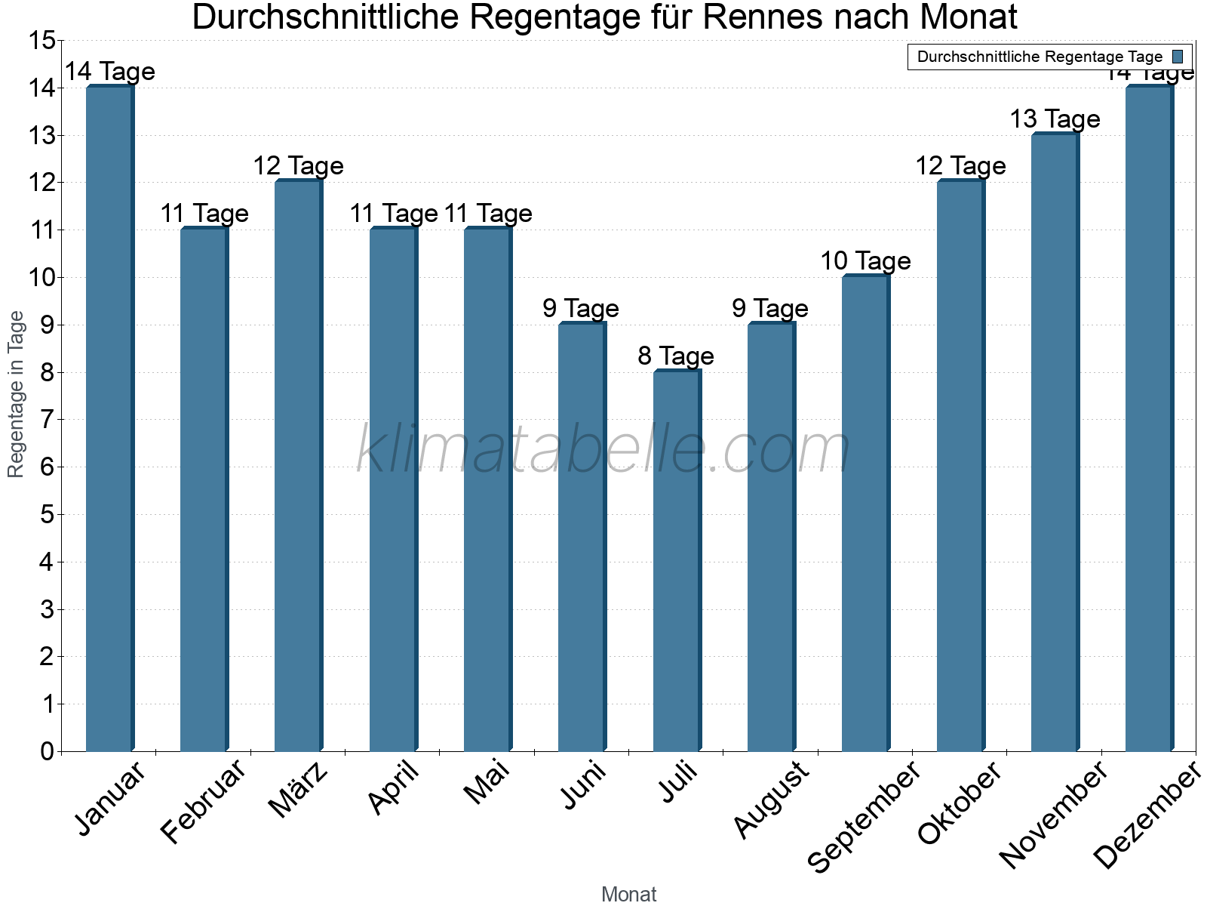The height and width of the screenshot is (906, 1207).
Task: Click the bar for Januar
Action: pyautogui.click(x=109, y=419)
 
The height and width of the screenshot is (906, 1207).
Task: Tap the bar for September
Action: pyautogui.click(x=865, y=513)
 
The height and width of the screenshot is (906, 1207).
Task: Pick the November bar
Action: pyautogui.click(x=1055, y=442)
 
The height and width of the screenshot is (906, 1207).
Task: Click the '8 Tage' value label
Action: pyautogui.click(x=676, y=356)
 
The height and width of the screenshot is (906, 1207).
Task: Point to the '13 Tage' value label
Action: pyautogui.click(x=1055, y=119)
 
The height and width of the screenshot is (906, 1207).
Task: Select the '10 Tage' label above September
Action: pyautogui.click(x=865, y=261)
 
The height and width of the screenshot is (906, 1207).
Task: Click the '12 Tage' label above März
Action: pyautogui.click(x=298, y=166)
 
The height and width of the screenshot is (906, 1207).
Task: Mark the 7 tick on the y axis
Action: pyautogui.click(x=48, y=420)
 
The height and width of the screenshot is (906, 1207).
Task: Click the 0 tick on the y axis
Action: pyautogui.click(x=48, y=751)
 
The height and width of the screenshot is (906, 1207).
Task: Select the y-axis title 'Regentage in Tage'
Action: pyautogui.click(x=17, y=394)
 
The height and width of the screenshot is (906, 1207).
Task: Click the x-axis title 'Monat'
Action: pyautogui.click(x=628, y=894)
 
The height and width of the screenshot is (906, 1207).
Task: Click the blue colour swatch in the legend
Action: pyautogui.click(x=1178, y=57)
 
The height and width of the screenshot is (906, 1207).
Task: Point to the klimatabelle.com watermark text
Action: pyautogui.click(x=603, y=450)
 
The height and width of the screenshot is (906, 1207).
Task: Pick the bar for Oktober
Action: pyautogui.click(x=960, y=466)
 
